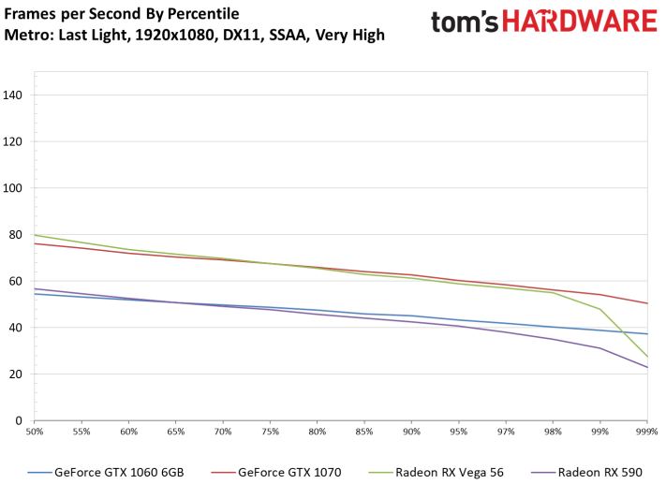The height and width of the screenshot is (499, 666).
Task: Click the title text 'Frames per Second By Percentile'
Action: point(122,14)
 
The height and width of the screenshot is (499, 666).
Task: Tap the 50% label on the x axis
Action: point(35,432)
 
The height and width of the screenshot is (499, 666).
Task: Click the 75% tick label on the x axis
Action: point(270,432)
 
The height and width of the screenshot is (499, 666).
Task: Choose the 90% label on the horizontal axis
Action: point(411,432)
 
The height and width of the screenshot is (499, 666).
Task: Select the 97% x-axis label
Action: point(505,432)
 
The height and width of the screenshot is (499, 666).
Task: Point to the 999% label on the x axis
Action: point(645,432)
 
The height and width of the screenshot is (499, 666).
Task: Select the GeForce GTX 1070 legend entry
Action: point(280,472)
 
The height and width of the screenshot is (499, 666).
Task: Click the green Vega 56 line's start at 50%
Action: point(36,235)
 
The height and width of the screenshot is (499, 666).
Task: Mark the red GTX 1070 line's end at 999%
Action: point(646,303)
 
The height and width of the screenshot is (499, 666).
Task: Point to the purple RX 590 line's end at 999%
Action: point(646,367)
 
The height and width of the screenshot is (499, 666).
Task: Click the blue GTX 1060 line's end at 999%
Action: point(646,334)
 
